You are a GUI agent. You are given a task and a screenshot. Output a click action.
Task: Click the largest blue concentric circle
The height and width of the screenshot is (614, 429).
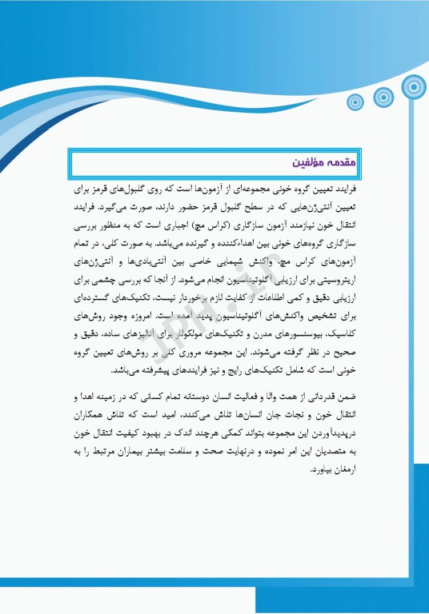(413, 85)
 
